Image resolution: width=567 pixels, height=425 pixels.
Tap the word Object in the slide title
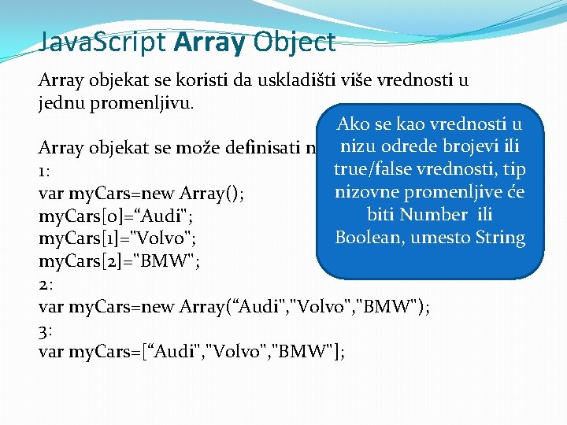[294, 42]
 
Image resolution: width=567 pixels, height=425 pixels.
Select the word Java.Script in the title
[104, 42]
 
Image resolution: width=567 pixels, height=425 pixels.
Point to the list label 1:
[44, 169]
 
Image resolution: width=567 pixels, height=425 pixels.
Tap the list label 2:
[46, 283]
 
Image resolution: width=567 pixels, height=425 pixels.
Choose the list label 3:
[46, 329]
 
